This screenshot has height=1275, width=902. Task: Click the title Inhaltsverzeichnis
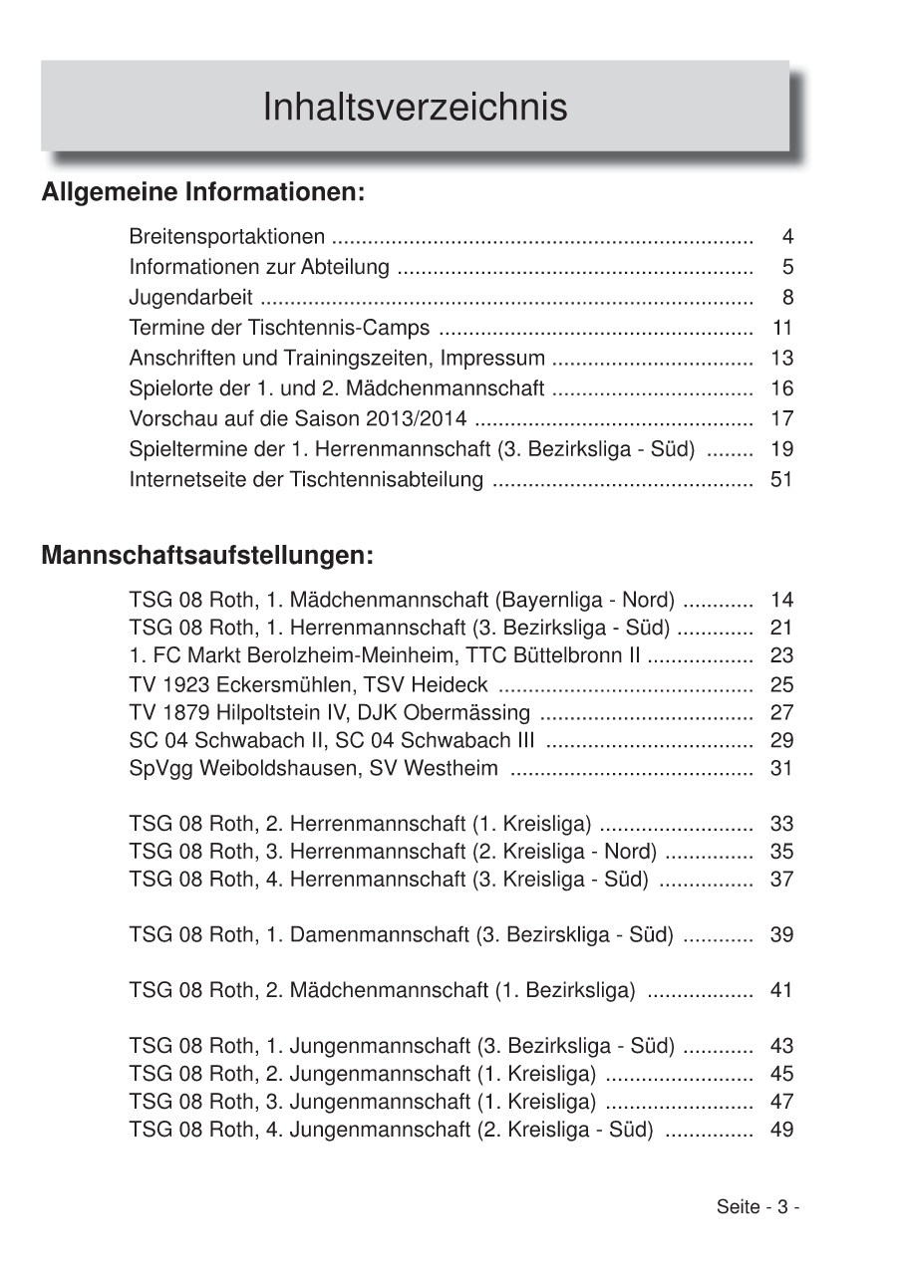point(415,107)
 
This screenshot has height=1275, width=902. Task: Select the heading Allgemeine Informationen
point(202,191)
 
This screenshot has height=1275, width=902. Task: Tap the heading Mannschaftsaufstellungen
point(207,555)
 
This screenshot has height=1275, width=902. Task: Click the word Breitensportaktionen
point(227,237)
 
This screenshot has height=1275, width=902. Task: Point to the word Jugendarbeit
point(190,298)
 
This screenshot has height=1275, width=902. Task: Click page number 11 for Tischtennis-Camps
point(781,328)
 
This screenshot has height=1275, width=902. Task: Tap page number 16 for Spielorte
point(781,388)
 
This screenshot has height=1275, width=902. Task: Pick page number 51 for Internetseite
point(781,480)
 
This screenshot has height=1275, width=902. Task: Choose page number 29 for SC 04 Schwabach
point(781,741)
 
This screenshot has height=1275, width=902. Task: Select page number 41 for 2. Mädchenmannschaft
point(781,991)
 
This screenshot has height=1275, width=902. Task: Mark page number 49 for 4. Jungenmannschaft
point(781,1130)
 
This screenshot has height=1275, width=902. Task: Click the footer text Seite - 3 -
point(757,1207)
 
